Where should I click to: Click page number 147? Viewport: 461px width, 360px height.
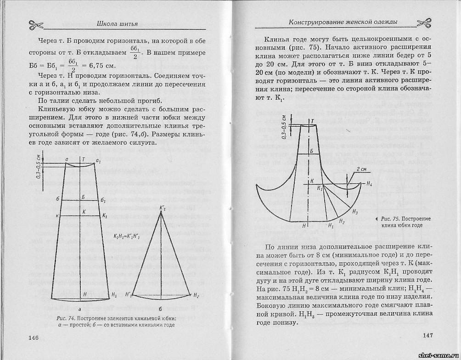coord(427,335)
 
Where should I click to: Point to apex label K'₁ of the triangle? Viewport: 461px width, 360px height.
coord(163,208)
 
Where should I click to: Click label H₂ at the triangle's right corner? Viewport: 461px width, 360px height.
coord(196,295)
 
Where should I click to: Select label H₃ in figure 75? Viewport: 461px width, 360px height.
coord(355,212)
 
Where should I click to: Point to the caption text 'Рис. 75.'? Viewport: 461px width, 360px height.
coord(390,218)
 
